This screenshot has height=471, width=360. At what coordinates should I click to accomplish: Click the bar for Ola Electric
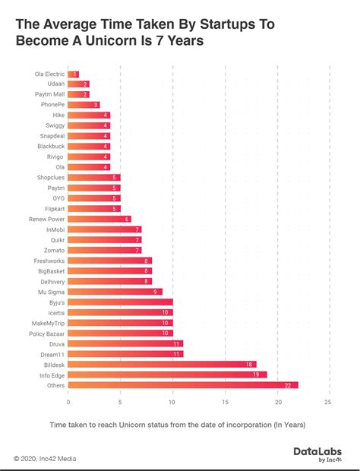pos(74,74)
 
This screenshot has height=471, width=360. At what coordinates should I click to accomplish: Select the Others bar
pos(182,384)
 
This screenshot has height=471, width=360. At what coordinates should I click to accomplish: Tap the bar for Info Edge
pos(167,374)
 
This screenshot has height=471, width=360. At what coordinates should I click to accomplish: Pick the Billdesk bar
pos(162,364)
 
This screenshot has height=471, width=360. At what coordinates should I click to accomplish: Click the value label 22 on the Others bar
pos(288,384)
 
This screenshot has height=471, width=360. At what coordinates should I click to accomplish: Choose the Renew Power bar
pos(99,219)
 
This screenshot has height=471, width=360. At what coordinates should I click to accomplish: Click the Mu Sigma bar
pos(115,291)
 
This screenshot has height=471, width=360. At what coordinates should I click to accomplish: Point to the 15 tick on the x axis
pos(226,402)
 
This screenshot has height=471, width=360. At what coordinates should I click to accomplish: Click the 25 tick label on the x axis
pos(328,402)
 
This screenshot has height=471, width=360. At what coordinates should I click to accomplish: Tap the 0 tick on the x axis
pos(68,402)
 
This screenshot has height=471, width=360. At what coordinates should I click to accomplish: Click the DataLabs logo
pos(317,454)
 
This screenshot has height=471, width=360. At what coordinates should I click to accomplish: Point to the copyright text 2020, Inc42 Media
pos(45,459)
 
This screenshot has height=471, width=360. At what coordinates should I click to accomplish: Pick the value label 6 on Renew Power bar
pos(127,219)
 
